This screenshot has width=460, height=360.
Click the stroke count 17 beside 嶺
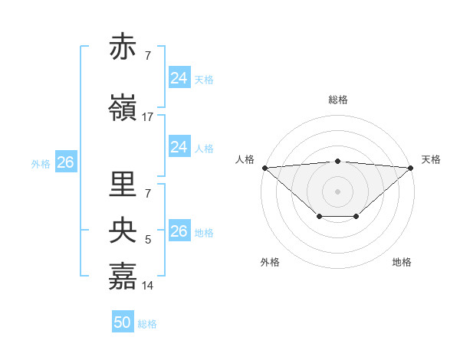coord(148,117)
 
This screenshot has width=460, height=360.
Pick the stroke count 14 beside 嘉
coord(148,286)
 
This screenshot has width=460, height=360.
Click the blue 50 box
coord(123,323)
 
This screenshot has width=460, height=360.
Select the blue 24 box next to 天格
coord(179,78)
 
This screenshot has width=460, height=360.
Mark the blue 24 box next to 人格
coord(179,147)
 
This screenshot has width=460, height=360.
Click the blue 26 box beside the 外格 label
coord(65,162)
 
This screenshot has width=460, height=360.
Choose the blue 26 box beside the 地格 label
coord(179,231)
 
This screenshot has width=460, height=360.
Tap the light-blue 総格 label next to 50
coord(147,324)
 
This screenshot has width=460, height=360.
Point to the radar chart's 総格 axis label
coord(338,100)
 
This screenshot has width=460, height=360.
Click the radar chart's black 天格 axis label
coord(431,159)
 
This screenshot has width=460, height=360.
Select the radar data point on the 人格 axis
coord(264,168)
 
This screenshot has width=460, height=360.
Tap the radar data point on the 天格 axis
coord(411,168)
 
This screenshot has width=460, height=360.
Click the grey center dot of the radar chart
coord(337,191)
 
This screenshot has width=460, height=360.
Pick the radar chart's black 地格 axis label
coord(402,263)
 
